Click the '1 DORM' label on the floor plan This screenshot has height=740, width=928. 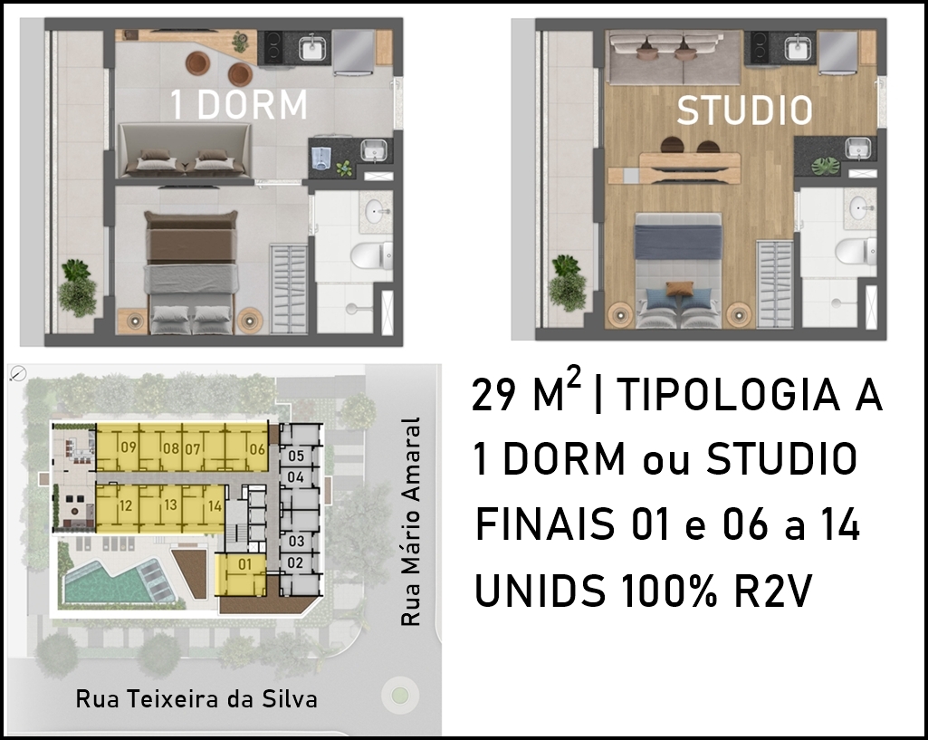point(239,105)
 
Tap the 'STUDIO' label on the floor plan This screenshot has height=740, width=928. point(744,111)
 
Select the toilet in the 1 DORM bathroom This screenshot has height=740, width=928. point(371,255)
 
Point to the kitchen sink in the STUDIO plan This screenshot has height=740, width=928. point(799,47)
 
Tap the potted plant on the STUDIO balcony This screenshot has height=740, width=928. point(567,283)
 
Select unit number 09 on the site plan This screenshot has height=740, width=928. point(129,447)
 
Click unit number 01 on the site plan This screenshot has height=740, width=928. point(245,564)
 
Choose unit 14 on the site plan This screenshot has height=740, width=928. point(215,506)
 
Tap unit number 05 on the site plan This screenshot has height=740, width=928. point(296,456)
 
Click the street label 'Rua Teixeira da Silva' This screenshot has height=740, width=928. point(196,699)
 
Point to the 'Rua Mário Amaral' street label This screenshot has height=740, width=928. point(410,522)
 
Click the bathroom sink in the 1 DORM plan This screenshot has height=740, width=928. point(375,210)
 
